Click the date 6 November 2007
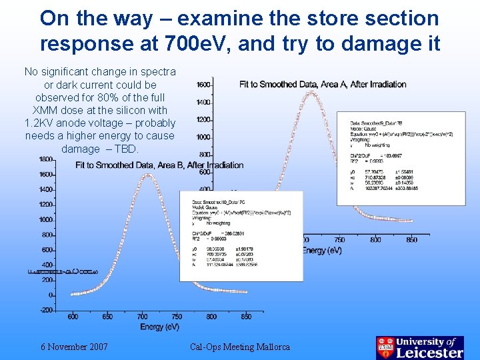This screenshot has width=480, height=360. coord(74,347)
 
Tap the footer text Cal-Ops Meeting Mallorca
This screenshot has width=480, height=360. coord(240,347)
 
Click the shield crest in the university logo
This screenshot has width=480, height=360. coord(385,347)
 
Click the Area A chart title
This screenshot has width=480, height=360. coord(323,84)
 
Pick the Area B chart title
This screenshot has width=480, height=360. coord(160,165)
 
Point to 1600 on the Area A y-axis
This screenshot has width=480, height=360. coord(204,85)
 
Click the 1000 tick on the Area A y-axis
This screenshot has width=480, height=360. coord(204,137)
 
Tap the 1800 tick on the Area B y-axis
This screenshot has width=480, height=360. coord(46,159)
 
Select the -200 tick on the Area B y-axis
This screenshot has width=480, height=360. coord(46,310)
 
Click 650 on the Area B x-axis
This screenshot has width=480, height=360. coord(107,317)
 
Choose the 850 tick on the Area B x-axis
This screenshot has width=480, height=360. coord(246,317)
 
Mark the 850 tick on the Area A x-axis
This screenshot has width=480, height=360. coord(411,240)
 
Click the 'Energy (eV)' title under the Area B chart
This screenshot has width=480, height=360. coord(160,327)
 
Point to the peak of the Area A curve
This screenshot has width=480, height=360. coord(310,92)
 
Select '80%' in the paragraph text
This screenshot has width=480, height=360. coord(100,98)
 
